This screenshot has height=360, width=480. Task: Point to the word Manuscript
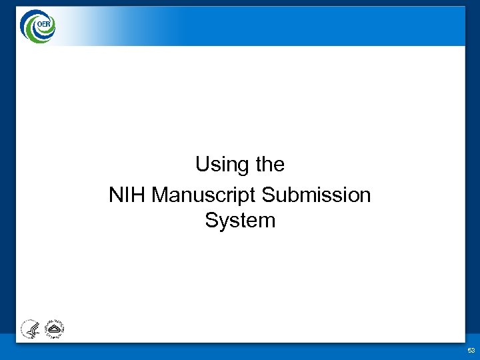[x=204, y=195]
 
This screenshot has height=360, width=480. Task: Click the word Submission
[x=316, y=195]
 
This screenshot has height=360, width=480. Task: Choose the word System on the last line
[x=240, y=221]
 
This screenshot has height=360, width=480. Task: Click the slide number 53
[x=471, y=350]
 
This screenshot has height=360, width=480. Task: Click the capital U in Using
[x=202, y=164]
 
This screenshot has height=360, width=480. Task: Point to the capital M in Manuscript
[x=160, y=195]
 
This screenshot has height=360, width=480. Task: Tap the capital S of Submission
[x=268, y=195]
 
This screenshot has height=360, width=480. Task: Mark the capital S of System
[x=211, y=221]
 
